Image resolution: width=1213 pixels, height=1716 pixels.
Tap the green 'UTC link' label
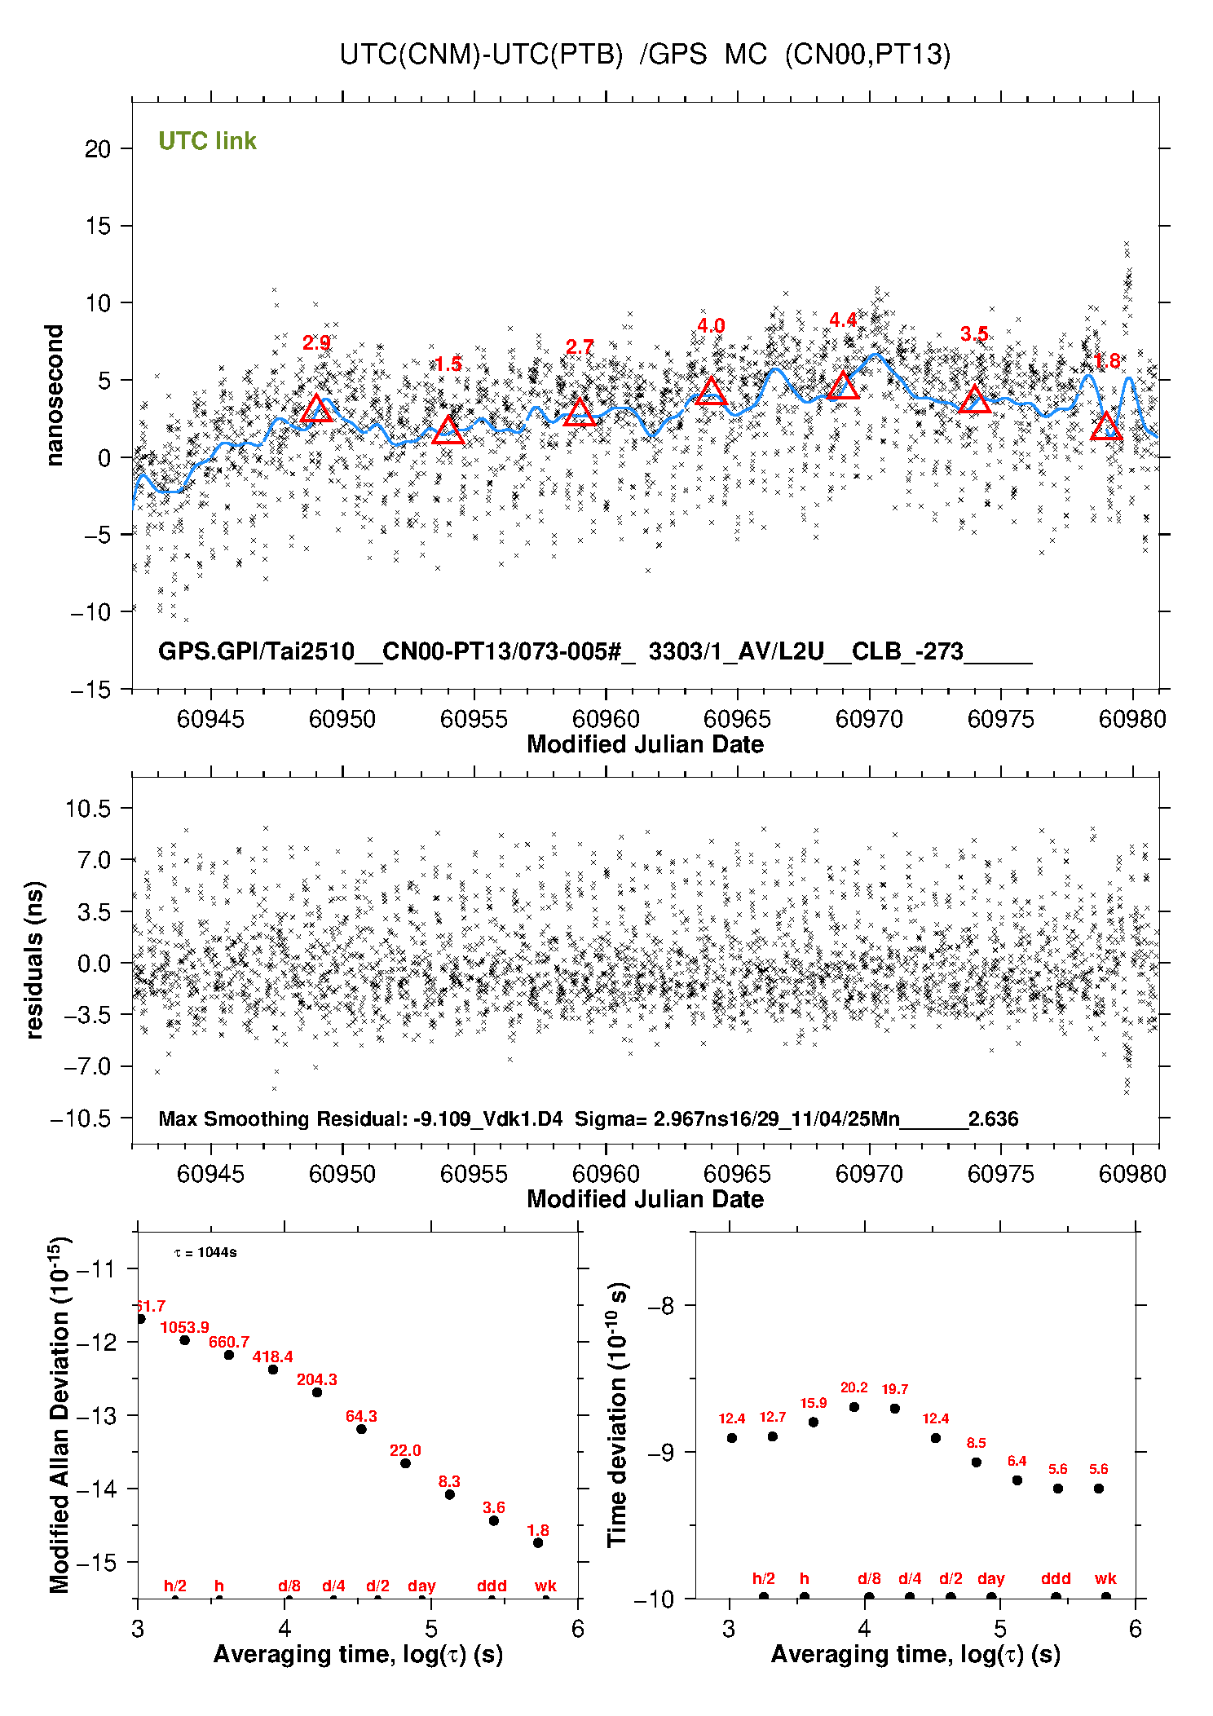pos(207,141)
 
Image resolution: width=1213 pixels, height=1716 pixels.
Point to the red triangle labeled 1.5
pos(448,430)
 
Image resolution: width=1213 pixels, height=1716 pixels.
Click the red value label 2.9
pos(316,343)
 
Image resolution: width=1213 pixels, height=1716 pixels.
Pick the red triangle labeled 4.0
pos(711,391)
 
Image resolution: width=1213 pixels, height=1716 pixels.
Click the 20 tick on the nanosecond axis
pos(98,149)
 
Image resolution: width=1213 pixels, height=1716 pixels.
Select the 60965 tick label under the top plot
pos(737,719)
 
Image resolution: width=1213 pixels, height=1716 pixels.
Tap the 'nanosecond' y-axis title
pos(55,395)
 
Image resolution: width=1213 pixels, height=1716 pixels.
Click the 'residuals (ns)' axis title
pos(34,959)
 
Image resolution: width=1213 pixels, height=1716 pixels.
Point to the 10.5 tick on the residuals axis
pos(88,808)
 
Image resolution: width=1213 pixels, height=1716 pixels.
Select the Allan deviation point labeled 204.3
pos(317,1392)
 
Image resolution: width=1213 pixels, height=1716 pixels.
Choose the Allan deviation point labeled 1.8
pos(538,1543)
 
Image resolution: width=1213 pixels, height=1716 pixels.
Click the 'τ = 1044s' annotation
pos(205,1253)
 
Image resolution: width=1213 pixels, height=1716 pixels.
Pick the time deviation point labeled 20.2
pos(854,1407)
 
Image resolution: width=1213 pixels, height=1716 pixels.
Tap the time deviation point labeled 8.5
pos(976,1462)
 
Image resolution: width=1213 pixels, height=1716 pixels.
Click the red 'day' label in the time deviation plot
pos(990,1579)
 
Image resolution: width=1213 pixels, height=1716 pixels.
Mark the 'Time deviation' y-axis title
pos(618,1415)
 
